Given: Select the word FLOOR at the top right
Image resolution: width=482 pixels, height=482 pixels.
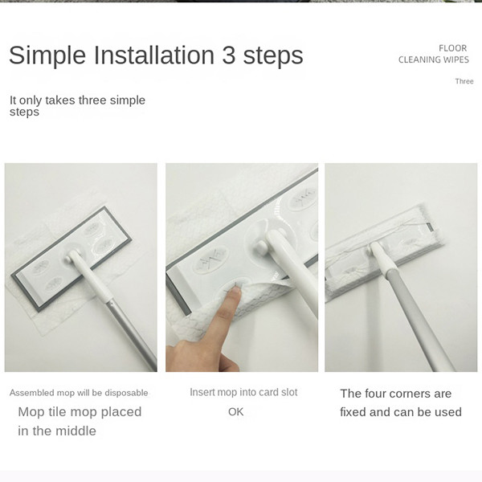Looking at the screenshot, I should click(452, 48).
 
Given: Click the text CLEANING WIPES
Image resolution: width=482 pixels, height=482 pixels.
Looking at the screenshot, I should click(433, 60).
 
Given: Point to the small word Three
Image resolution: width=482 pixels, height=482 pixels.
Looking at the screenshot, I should click(464, 81).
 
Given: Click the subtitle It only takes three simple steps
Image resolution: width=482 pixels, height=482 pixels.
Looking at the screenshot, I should click(77, 106).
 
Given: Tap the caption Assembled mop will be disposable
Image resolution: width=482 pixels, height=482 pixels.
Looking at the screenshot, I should click(79, 393).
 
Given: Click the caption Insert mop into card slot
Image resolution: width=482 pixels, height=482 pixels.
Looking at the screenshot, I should click(243, 392).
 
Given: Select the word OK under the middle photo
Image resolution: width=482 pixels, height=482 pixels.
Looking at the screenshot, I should click(235, 412).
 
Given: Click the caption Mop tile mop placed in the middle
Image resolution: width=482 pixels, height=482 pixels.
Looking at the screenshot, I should click(80, 421).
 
